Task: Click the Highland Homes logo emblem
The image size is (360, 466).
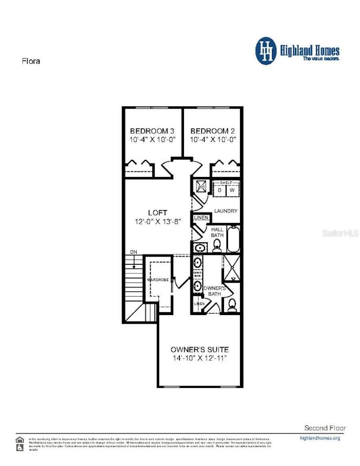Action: coord(266,51)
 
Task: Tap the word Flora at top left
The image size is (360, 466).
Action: coord(30,61)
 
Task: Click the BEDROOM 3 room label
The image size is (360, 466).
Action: coord(152,131)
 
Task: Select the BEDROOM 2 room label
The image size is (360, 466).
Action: coord(212,131)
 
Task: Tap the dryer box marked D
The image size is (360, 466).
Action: coord(220,190)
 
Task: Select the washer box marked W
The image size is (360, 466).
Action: coord(232,190)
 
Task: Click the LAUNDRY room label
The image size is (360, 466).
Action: coord(226,211)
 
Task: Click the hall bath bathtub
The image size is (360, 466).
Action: coord(233,239)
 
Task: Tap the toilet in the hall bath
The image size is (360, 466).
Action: coord(217,247)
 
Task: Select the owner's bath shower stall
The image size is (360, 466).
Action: coord(231,267)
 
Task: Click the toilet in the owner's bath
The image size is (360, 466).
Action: coord(232,306)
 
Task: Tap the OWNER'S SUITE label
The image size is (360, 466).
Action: coord(199,349)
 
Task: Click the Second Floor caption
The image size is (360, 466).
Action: coord(325,428)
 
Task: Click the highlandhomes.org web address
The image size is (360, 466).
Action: coord(320,438)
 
